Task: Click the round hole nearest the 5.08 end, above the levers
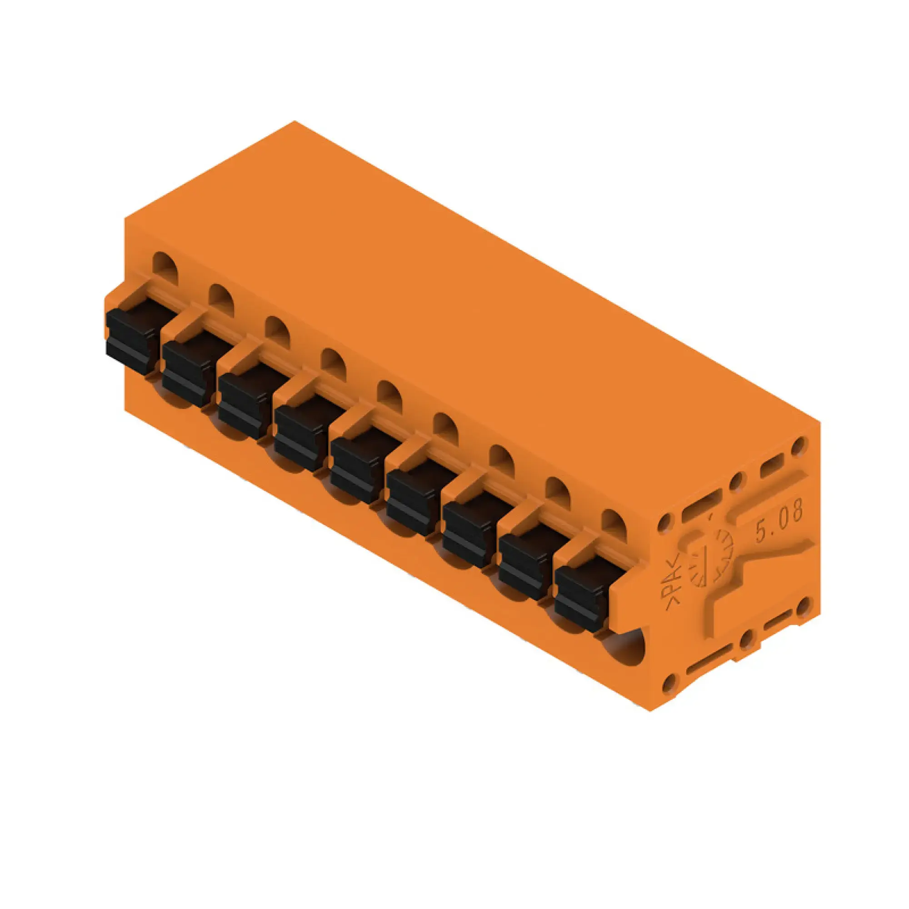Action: coord(614,524)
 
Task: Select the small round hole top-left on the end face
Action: coord(664,522)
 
